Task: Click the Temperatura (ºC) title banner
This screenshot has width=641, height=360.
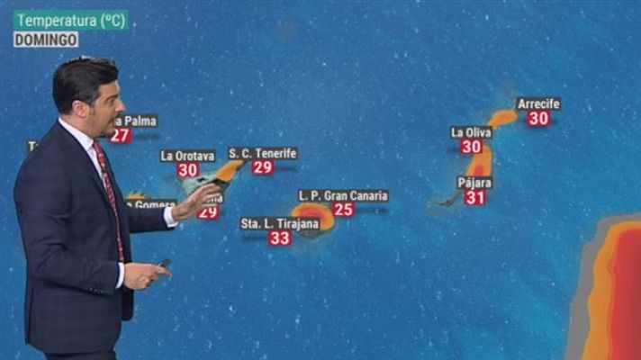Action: (71, 19)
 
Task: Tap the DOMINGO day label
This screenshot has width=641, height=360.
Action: (46, 40)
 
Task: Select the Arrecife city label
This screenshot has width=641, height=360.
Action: (538, 103)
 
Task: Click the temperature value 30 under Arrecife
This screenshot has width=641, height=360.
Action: (538, 118)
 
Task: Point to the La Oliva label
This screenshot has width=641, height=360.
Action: (472, 132)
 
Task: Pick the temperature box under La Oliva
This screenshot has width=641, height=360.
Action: (472, 147)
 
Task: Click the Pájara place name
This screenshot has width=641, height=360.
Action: (474, 183)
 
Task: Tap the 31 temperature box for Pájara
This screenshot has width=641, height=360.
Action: (475, 197)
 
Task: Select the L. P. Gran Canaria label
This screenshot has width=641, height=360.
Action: (343, 195)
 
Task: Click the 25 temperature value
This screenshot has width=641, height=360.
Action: (343, 210)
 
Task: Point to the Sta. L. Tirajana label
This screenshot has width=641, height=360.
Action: (280, 223)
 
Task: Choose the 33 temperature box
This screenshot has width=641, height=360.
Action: (280, 238)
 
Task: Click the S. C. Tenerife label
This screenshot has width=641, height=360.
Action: (263, 153)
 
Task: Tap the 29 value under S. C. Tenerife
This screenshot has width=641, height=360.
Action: (263, 167)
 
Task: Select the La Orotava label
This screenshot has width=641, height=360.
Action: (187, 155)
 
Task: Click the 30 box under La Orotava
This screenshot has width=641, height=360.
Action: (187, 169)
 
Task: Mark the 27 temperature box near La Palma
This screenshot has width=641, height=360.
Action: (121, 136)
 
